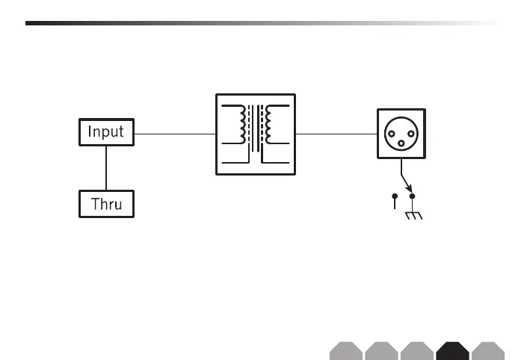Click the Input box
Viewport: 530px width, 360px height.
coord(106,133)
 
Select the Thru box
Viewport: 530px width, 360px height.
coord(106,204)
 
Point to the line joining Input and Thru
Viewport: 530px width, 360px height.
coord(106,168)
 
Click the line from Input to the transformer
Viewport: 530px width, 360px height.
coord(175,134)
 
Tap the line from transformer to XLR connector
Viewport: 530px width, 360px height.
coord(336,134)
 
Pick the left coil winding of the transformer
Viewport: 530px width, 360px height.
coord(241,124)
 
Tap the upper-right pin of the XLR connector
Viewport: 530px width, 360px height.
coord(410,128)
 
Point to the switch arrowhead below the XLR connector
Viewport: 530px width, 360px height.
coord(408,187)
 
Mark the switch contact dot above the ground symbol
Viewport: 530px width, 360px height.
coord(412,196)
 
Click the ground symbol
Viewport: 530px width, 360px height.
coord(412,217)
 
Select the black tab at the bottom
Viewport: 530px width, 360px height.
coord(453,351)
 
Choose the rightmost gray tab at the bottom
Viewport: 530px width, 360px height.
coord(489,351)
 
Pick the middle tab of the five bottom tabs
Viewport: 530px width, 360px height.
coord(417,351)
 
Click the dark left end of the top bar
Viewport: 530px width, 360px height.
coord(45,23)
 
